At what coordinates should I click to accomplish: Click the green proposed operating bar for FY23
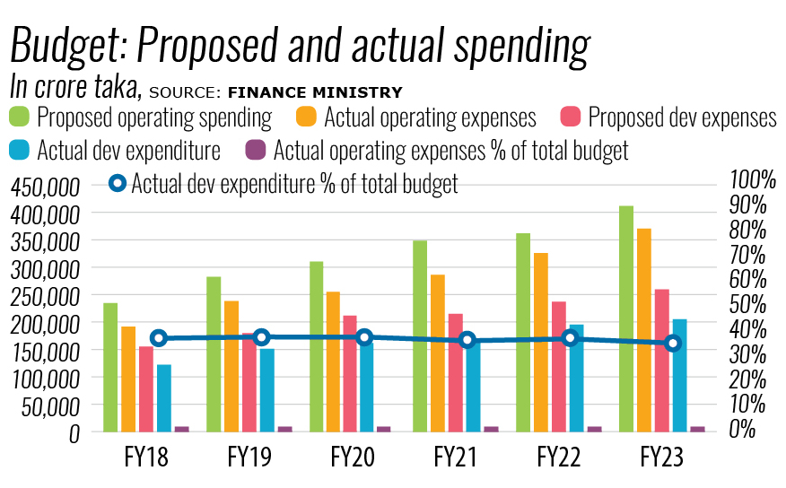[x=626, y=318]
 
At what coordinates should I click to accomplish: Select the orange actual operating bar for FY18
[x=128, y=379]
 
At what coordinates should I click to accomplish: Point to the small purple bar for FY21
[x=491, y=429]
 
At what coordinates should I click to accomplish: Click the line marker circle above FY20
[x=364, y=337]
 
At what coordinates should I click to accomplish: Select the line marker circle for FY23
[x=674, y=343]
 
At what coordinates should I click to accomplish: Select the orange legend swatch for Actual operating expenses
[x=306, y=117]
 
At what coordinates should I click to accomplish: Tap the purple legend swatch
[x=257, y=149]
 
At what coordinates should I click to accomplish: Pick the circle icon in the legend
[x=118, y=184]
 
